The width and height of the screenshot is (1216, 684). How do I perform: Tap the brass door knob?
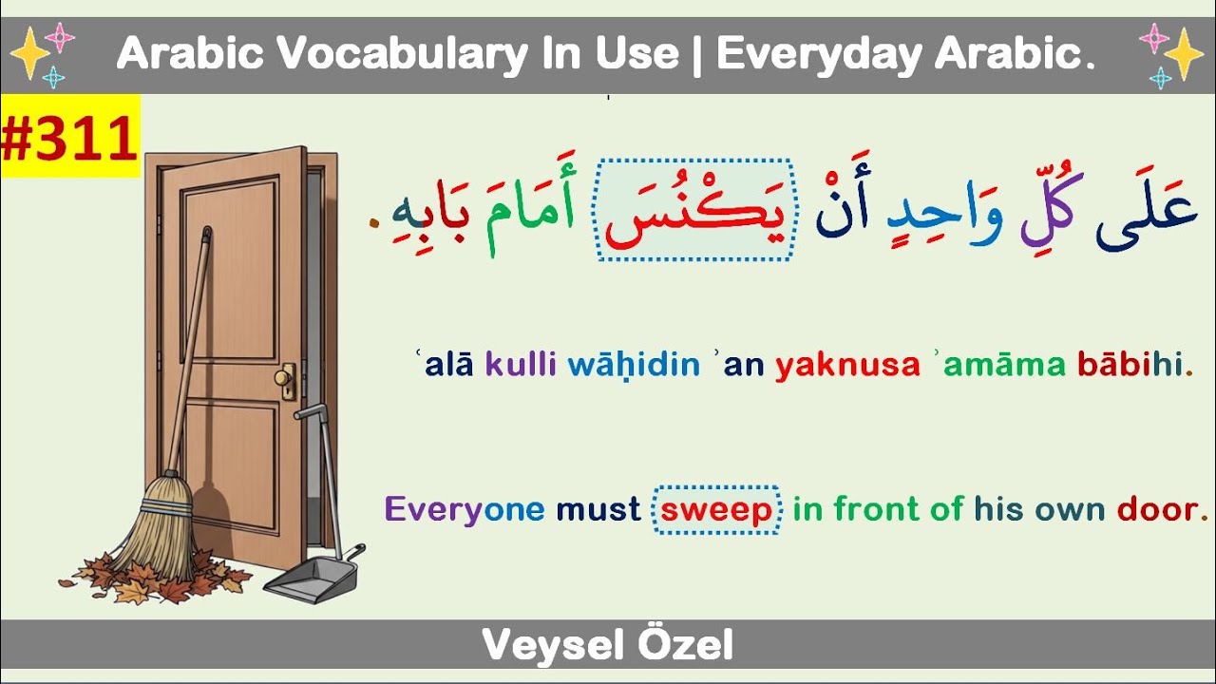tap(284, 378)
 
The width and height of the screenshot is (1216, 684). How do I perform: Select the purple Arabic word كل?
tap(1040, 219)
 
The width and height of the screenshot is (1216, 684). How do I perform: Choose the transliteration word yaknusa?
tap(847, 366)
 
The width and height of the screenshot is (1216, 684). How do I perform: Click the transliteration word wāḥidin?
tap(634, 366)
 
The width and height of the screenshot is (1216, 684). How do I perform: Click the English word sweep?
tap(717, 510)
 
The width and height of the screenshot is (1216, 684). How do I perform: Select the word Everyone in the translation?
tap(464, 510)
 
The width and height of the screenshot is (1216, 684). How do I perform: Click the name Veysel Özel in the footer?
tap(607, 646)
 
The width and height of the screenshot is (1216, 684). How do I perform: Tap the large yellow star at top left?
tap(29, 54)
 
